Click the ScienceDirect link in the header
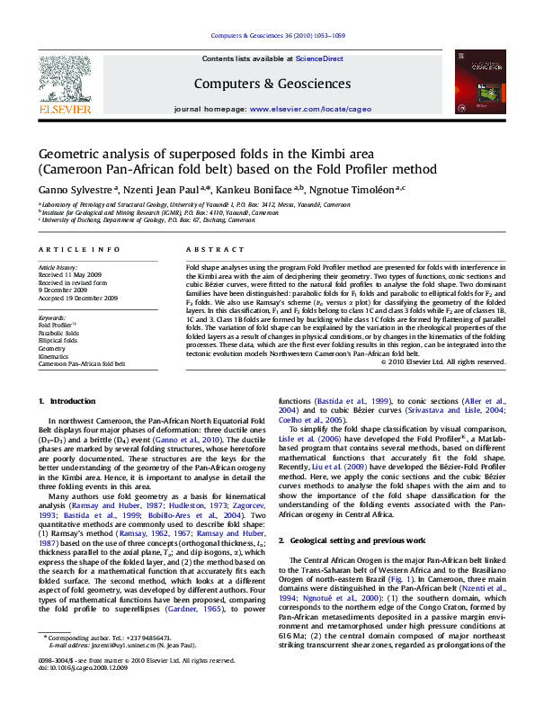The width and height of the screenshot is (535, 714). (319, 58)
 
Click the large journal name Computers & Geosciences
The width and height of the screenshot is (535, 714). (272, 84)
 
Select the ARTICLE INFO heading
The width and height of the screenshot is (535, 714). (79, 248)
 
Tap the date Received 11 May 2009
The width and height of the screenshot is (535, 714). (69, 275)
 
